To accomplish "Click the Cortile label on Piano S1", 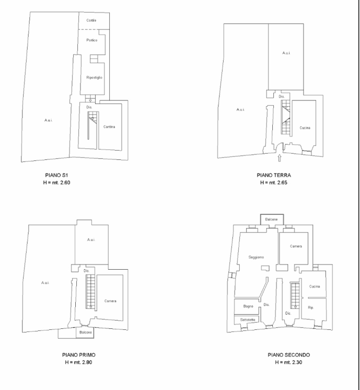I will (91, 21).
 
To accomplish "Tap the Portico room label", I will (91, 41).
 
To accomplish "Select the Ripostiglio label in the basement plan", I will (94, 78).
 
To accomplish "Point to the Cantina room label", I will (110, 127).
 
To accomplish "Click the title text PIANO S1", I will (56, 176).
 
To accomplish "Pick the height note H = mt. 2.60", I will (56, 183).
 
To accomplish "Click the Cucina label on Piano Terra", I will (305, 127).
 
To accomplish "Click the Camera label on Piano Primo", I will (111, 301).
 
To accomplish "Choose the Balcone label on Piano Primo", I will (86, 332).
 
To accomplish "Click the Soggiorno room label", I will (256, 257).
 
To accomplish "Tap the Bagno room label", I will (248, 307).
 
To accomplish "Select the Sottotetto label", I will (248, 321).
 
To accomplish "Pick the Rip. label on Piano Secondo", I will (311, 307).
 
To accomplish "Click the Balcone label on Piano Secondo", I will (271, 219).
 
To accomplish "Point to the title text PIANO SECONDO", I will (289, 355).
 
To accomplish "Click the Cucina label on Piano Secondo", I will (315, 286).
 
